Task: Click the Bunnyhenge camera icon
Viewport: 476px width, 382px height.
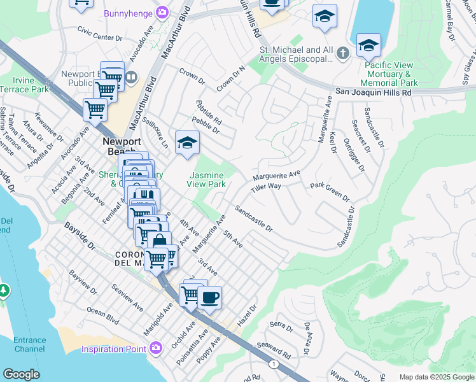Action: (x=163, y=12)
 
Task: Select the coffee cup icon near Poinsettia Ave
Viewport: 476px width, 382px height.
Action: (x=209, y=298)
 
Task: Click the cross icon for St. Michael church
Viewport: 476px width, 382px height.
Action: (x=343, y=53)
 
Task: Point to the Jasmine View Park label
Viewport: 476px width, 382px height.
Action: (x=206, y=180)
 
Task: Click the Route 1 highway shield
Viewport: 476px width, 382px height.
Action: (x=273, y=364)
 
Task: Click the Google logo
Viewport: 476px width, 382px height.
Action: (x=21, y=374)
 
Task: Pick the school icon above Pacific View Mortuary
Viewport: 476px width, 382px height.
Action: (x=368, y=46)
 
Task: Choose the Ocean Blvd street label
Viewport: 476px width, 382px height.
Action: (x=103, y=317)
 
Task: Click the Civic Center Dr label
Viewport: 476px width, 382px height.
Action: (x=99, y=34)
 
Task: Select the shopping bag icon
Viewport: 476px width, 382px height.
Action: (x=160, y=242)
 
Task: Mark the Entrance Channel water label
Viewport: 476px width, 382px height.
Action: (x=30, y=345)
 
